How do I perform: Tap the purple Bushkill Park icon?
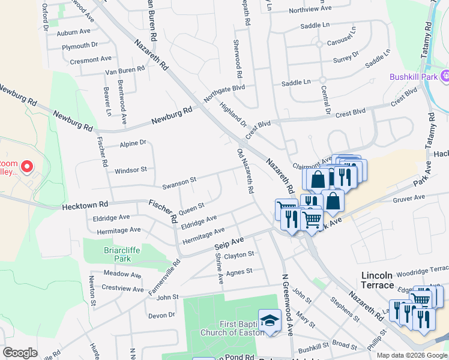(x=445, y=76)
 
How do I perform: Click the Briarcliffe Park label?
(x=106, y=254)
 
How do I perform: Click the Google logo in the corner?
(x=20, y=352)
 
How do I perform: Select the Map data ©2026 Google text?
(x=412, y=355)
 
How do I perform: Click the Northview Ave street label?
(x=310, y=9)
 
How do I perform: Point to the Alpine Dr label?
(x=133, y=143)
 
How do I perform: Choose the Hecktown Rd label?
(x=85, y=206)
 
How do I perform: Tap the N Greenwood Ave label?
(x=287, y=304)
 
